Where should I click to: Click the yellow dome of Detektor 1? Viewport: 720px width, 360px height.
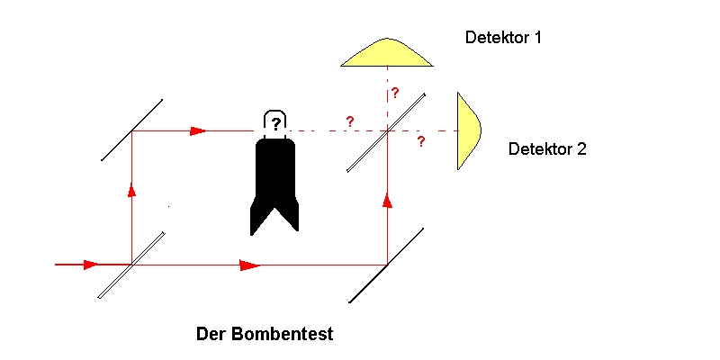(x=387, y=54)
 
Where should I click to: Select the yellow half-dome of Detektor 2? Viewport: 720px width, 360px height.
(x=467, y=130)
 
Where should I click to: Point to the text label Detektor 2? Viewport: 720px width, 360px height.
(x=547, y=149)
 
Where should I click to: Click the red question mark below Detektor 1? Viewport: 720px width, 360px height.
(x=394, y=94)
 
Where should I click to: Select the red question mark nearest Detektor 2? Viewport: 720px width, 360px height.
(x=420, y=142)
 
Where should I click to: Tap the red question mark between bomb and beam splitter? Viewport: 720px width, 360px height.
(x=349, y=121)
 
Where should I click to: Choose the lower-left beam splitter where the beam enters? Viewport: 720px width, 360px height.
(x=132, y=265)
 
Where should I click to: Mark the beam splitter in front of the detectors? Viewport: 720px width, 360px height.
(x=387, y=130)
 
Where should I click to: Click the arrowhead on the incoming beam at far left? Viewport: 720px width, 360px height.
(x=90, y=265)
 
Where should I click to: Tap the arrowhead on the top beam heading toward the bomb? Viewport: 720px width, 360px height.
(x=198, y=130)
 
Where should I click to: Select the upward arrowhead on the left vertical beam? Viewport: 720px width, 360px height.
(x=132, y=190)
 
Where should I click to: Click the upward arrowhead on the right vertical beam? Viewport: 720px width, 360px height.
(x=387, y=199)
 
